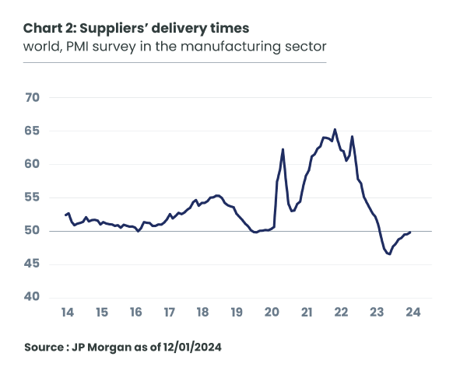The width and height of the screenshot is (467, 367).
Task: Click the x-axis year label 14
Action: pyautogui.click(x=67, y=313)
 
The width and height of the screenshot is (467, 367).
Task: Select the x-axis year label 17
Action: pyautogui.click(x=169, y=313)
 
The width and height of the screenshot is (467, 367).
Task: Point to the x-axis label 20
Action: pyautogui.click(x=272, y=313)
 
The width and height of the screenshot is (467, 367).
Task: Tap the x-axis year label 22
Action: pyautogui.click(x=340, y=313)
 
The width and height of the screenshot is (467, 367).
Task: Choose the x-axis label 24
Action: pyautogui.click(x=412, y=313)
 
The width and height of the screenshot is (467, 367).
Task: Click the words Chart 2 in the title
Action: pyautogui.click(x=48, y=30)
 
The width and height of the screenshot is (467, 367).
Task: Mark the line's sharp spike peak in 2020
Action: pyautogui.click(x=283, y=149)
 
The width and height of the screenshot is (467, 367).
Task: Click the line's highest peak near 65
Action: pyautogui.click(x=335, y=129)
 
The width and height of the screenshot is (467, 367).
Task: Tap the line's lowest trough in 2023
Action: pyautogui.click(x=389, y=254)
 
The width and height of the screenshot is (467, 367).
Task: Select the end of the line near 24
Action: pyautogui.click(x=410, y=232)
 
